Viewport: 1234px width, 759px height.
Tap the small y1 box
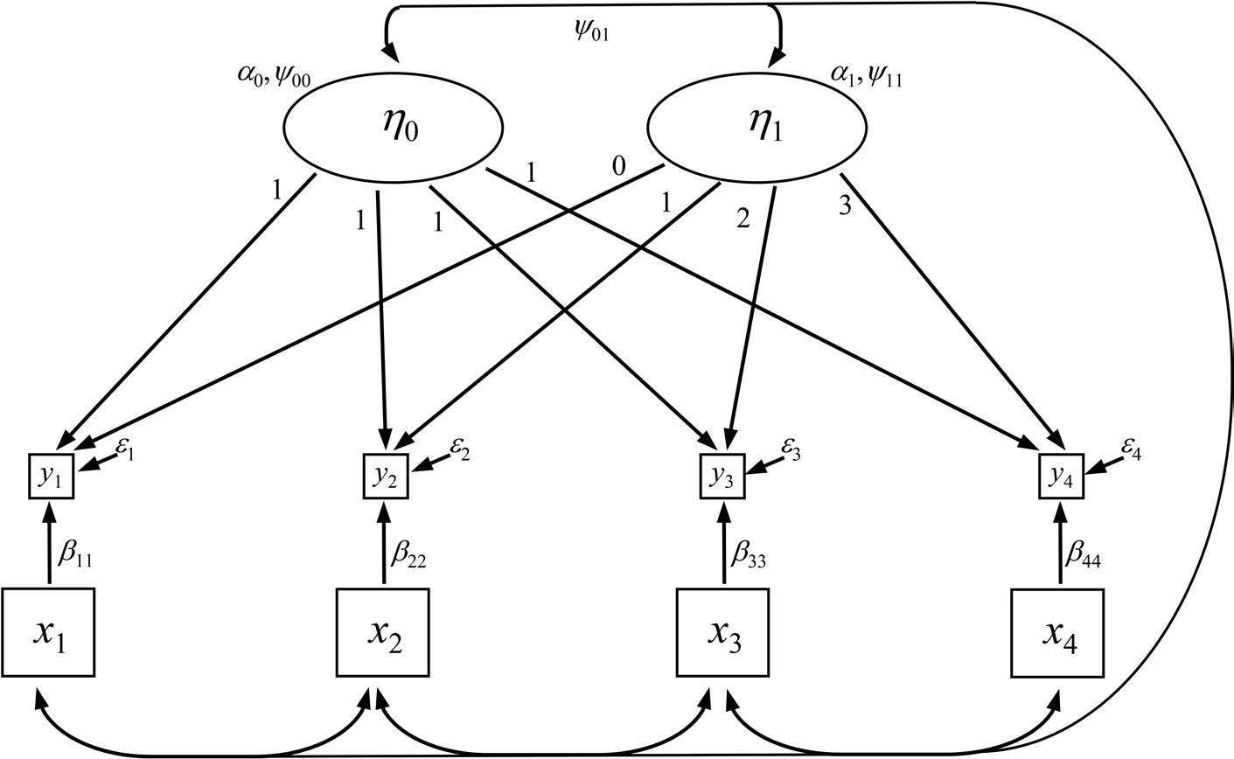pos(52,476)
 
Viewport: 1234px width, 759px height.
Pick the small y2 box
pos(385,476)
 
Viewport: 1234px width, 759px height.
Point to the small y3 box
pos(723,476)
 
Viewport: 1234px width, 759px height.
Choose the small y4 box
pos(1061,476)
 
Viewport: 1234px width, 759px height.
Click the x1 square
pos(48,633)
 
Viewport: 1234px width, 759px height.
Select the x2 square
pos(383,633)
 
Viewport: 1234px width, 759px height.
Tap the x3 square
pos(723,633)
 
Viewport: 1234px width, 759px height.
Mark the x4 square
pos(1057,633)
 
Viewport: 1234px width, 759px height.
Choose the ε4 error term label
pos(1129,451)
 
